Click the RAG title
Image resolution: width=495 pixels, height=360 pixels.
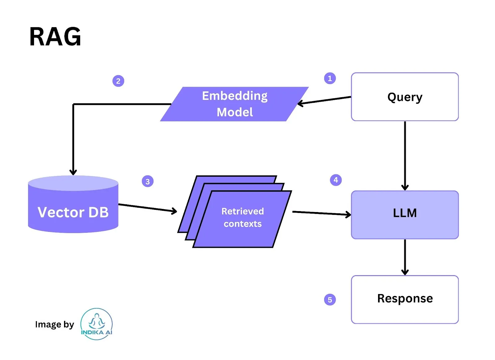point(55,37)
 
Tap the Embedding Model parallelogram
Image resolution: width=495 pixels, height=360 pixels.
point(235,104)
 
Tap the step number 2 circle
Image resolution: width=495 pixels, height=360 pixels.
point(118,81)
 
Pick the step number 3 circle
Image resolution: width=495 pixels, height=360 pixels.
point(148,181)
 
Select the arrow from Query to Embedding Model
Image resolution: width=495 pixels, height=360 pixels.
point(325,100)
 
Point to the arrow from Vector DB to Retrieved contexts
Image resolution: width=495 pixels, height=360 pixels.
point(148,208)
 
